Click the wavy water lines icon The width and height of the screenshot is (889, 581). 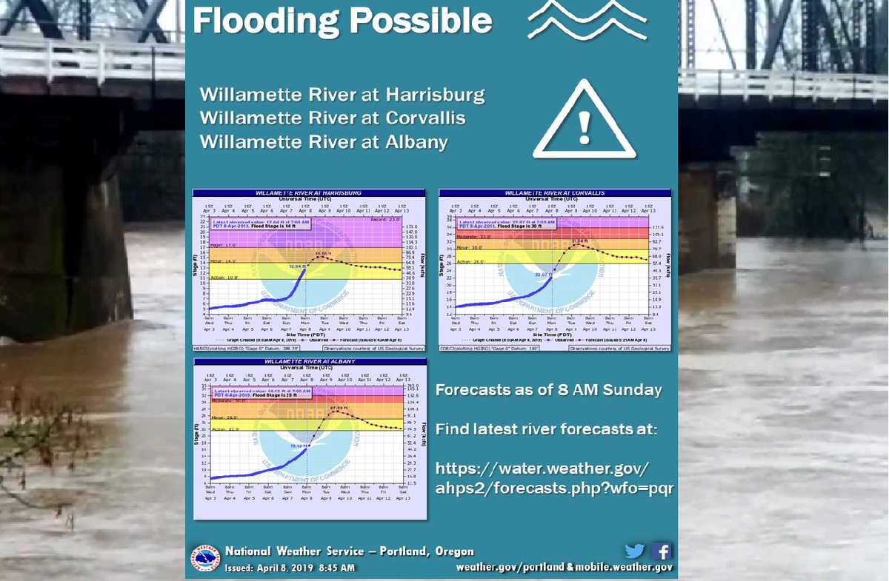pos(587,20)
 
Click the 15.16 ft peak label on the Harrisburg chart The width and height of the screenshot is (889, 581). pos(323,254)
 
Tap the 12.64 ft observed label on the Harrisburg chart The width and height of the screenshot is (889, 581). pos(296,266)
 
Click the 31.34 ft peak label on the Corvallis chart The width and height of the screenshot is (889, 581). pos(580,241)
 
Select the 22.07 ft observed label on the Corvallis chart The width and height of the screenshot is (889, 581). pos(543,275)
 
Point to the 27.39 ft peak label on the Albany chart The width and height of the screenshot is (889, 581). pos(338,408)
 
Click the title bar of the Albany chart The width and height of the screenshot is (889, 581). pos(310,361)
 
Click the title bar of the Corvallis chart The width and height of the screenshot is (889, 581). pos(554,192)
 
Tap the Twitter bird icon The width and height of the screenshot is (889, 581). pos(635,551)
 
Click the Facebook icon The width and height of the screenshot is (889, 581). pos(661,551)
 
